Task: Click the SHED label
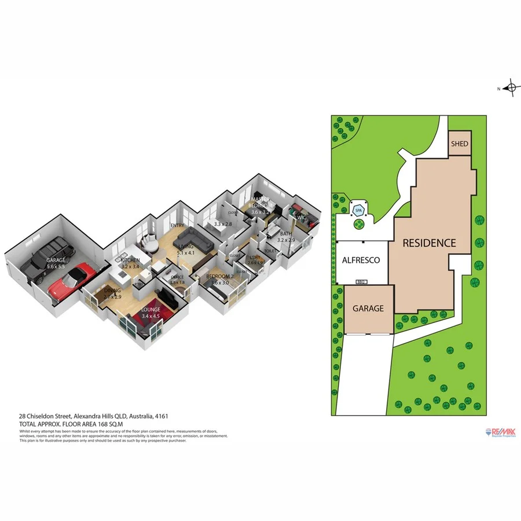pos(459,144)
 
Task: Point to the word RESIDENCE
pos(429,243)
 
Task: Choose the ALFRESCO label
pos(361,260)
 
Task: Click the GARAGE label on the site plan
pos(368,309)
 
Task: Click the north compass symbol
pos(510,89)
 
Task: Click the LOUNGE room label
pos(151,310)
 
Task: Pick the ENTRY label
pos(177,225)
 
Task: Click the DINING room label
pos(113,291)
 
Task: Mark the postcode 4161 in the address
pos(163,416)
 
